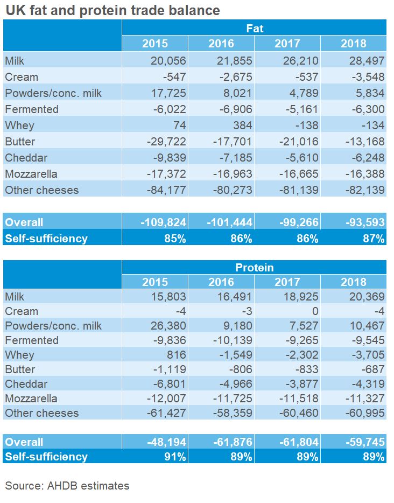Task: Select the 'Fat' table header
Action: pyautogui.click(x=254, y=29)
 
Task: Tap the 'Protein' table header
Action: pyautogui.click(x=254, y=268)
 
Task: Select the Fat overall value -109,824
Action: pyautogui.click(x=163, y=222)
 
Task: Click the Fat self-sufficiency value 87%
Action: pyautogui.click(x=372, y=238)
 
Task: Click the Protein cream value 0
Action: pyautogui.click(x=314, y=311)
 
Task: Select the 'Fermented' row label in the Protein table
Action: pyautogui.click(x=31, y=340)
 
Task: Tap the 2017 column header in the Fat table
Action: pyautogui.click(x=287, y=44)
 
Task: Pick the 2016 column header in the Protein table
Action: pyautogui.click(x=221, y=282)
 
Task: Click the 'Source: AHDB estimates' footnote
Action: pyautogui.click(x=67, y=486)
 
